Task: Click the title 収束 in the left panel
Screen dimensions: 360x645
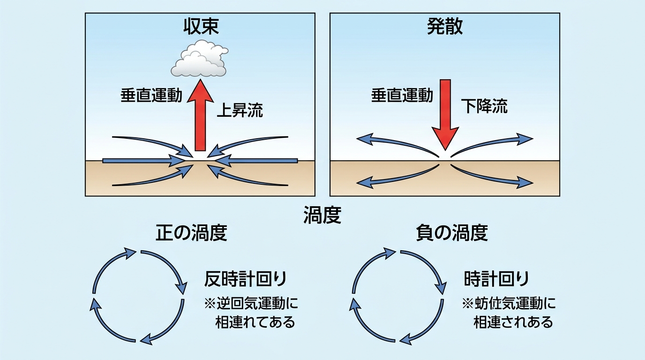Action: click(x=201, y=27)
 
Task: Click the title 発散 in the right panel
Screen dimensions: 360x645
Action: click(x=445, y=27)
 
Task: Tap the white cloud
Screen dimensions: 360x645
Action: click(x=199, y=60)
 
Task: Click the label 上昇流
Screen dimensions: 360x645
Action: click(x=240, y=111)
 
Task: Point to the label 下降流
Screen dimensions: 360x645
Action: click(x=484, y=106)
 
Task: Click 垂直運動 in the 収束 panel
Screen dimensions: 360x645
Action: click(x=151, y=96)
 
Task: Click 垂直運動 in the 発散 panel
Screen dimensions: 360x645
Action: click(x=402, y=96)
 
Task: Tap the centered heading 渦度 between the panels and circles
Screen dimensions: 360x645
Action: click(x=322, y=216)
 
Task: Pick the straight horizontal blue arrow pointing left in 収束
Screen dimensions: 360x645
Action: click(x=258, y=161)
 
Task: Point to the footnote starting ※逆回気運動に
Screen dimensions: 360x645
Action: click(x=251, y=313)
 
